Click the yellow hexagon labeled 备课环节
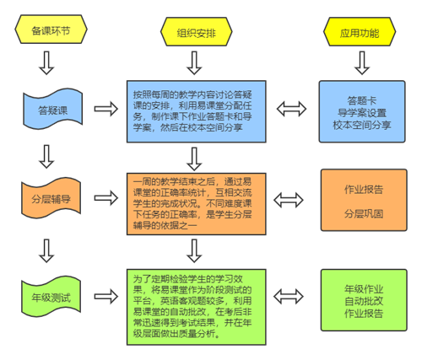[51, 30]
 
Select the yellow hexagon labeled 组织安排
[197, 31]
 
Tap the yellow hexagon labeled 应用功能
[360, 31]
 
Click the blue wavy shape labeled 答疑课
[53, 109]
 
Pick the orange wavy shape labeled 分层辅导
[51, 198]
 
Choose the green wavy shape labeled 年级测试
[51, 297]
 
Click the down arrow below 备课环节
[46, 62]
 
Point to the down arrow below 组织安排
[194, 62]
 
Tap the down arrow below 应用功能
[362, 62]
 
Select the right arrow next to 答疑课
[106, 109]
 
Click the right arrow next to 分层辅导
[106, 198]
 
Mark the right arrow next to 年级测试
[106, 297]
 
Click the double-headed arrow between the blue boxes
[291, 109]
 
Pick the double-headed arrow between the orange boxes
[289, 200]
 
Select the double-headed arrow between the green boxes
[289, 297]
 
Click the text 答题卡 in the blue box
[362, 100]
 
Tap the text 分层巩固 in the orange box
[364, 214]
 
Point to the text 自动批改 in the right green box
[364, 301]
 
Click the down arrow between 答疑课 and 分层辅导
[46, 157]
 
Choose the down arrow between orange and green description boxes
[194, 250]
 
